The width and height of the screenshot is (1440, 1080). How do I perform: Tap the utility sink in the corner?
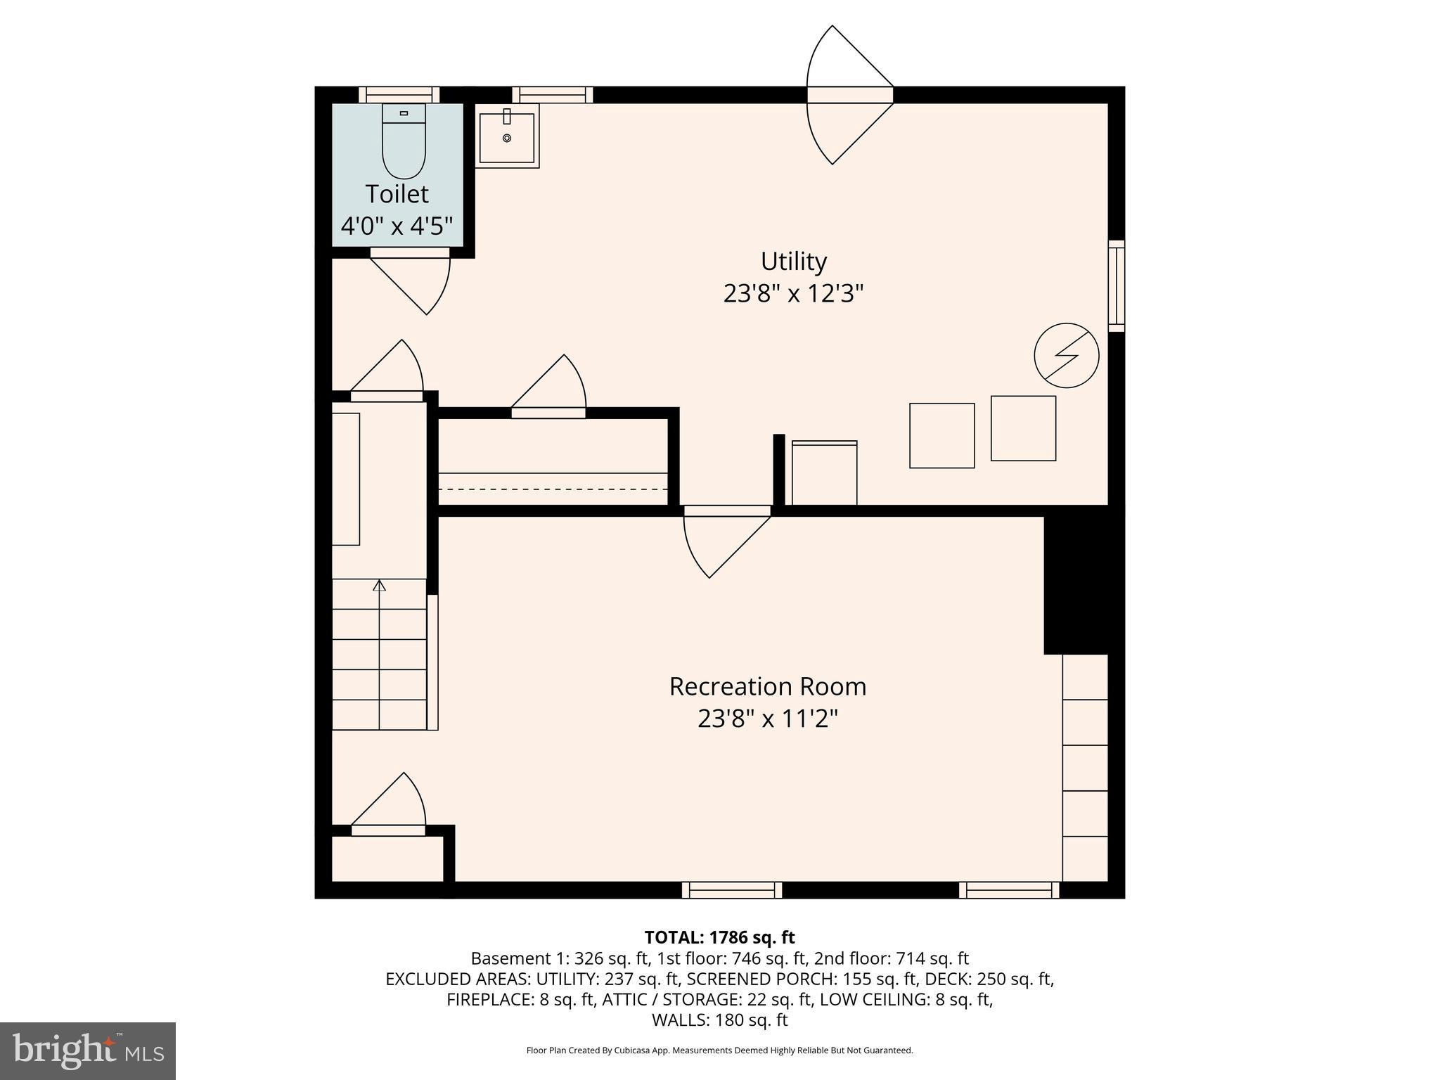(x=507, y=136)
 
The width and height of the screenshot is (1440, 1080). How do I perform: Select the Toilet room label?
(x=397, y=194)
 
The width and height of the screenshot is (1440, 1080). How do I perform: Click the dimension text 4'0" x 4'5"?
(x=397, y=226)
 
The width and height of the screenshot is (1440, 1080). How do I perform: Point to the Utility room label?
(x=793, y=262)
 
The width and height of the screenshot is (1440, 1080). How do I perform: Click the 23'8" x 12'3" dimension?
(x=793, y=293)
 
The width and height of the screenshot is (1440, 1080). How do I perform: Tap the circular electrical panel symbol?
(x=1066, y=355)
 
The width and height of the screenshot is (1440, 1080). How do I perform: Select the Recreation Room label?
(x=767, y=686)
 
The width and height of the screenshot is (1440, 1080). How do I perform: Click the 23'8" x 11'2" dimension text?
(x=767, y=719)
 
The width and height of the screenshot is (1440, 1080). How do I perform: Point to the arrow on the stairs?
(x=380, y=585)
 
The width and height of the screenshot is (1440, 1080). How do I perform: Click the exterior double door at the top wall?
(x=849, y=95)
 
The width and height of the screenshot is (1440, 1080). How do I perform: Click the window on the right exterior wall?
(x=1116, y=285)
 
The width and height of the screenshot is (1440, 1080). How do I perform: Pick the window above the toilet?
(x=399, y=95)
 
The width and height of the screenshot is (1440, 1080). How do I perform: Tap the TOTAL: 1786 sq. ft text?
(x=719, y=937)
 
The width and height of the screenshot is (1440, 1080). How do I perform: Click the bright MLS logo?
(x=88, y=1051)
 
